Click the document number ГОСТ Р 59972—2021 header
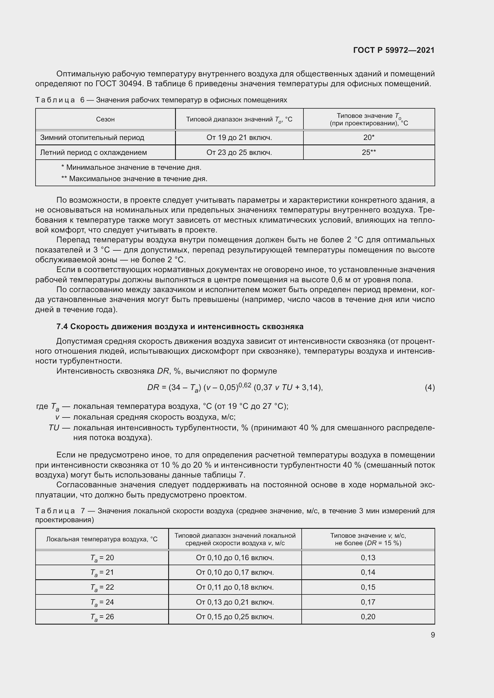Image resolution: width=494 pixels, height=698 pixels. point(394,50)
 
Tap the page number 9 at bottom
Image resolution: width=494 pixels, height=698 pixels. point(432,635)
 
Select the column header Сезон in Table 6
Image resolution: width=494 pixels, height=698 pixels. point(105,119)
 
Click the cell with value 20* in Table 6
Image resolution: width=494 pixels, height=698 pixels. point(369,137)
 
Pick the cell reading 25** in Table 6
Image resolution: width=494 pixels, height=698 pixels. point(369,152)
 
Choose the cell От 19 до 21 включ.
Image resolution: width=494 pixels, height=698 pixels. point(239,137)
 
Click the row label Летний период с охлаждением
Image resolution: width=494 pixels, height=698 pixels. point(93,152)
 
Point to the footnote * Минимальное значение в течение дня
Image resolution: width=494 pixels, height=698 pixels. point(131,167)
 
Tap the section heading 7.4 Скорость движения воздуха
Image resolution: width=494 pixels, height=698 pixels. point(180,326)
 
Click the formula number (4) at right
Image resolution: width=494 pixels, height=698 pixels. point(429,387)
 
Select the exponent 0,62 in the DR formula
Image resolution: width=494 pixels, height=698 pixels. point(245,385)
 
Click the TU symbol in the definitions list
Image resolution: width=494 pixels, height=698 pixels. point(54,428)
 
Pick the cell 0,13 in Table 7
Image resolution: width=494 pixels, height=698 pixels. point(368,557)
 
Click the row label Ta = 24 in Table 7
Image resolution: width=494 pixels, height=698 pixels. point(102,602)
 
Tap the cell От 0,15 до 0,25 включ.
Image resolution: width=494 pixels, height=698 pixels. point(235,617)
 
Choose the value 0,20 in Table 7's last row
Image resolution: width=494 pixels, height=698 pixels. point(368,617)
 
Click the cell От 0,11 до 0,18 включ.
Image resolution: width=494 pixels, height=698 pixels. point(235,587)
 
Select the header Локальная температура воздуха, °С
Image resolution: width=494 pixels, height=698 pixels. point(102,539)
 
